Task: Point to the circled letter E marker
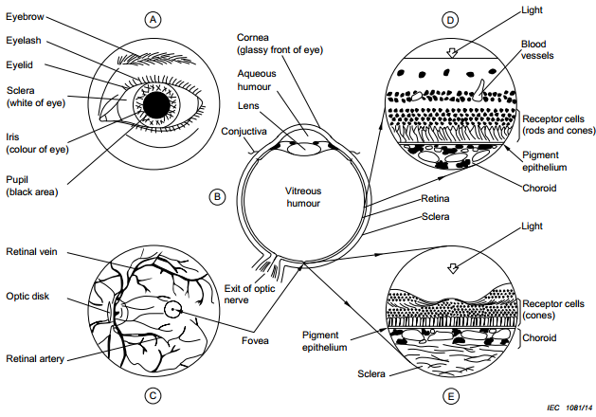(450, 396)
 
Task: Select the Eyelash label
(26, 43)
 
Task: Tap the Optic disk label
(29, 295)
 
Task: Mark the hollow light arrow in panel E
(452, 269)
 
